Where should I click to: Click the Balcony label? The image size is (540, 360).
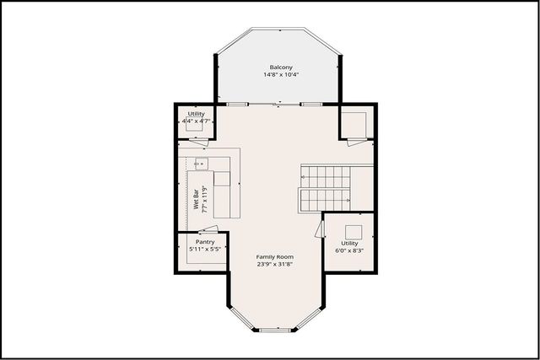[281, 67]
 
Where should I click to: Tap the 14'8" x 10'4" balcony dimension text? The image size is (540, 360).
[281, 75]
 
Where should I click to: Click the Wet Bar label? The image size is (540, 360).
[196, 202]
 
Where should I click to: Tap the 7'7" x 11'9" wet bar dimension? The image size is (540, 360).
[204, 202]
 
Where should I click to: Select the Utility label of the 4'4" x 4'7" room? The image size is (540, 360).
[197, 114]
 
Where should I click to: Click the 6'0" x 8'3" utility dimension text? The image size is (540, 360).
[350, 250]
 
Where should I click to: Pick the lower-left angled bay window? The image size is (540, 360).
[240, 317]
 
